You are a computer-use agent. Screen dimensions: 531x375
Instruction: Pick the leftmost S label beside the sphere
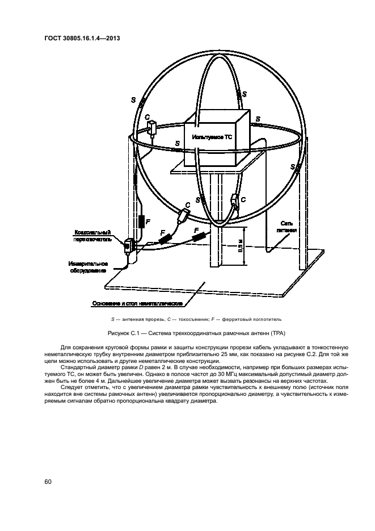tap(133, 99)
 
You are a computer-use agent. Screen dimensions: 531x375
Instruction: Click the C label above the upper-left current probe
tap(148, 117)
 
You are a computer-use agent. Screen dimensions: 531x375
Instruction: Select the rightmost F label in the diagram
tap(197, 230)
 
